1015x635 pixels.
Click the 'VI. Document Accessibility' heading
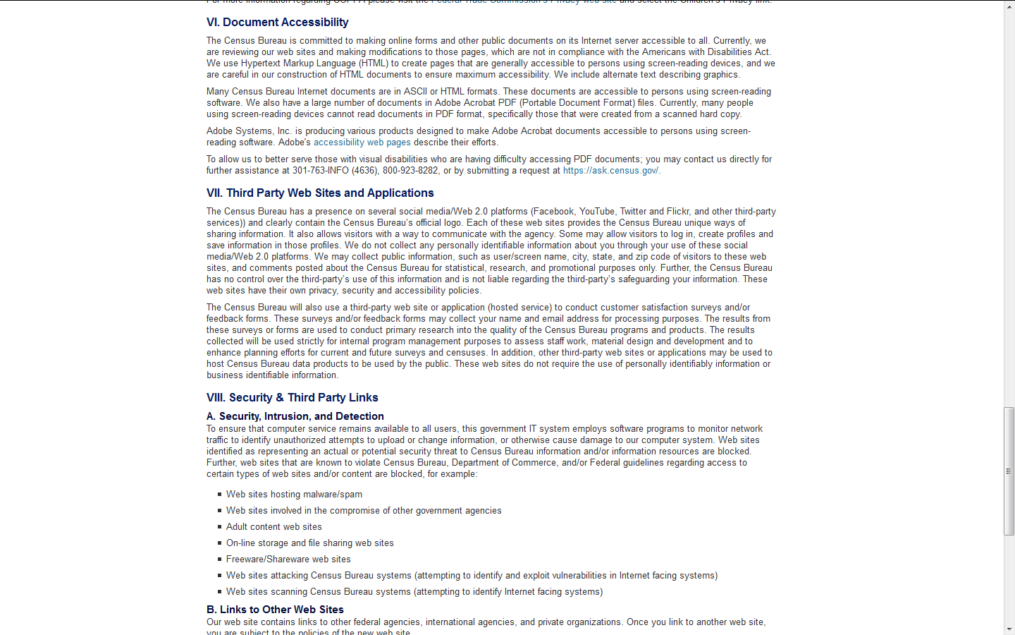[277, 23]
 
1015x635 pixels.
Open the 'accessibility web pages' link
[362, 143]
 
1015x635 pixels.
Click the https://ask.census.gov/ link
[611, 171]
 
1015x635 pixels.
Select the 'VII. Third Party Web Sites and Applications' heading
[320, 193]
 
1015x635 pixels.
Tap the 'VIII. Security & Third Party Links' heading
[292, 398]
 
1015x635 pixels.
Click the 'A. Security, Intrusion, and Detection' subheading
[295, 416]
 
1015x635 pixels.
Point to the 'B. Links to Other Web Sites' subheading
[275, 610]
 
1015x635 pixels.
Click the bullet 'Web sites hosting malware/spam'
[294, 495]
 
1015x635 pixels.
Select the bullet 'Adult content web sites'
[273, 527]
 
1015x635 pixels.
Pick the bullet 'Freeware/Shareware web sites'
[288, 560]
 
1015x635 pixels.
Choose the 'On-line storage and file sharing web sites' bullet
[309, 543]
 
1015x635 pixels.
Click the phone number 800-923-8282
[410, 171]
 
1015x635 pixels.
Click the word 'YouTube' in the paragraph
[597, 212]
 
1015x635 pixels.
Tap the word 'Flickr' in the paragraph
[677, 212]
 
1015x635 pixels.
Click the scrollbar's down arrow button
[1009, 629]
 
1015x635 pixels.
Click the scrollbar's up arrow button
[1009, 6]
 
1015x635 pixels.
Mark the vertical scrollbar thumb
[1009, 471]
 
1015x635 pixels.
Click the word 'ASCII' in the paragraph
[415, 92]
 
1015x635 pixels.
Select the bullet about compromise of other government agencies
[364, 511]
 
